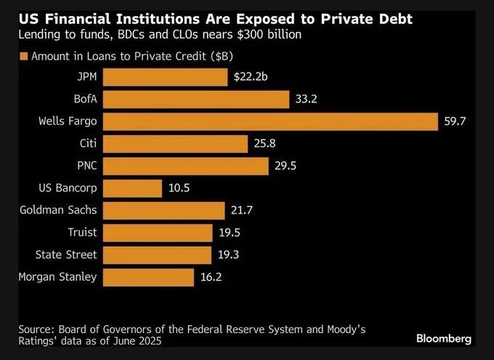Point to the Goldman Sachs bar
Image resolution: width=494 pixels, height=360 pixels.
click(163, 210)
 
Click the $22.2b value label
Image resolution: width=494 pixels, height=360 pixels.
click(251, 76)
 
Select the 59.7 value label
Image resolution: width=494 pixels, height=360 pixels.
click(455, 121)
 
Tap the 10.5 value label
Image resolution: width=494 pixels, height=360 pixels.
click(179, 188)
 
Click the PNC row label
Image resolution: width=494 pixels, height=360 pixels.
click(86, 165)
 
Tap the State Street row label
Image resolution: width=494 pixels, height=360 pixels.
click(66, 255)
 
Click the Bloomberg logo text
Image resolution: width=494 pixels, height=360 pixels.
click(444, 338)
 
